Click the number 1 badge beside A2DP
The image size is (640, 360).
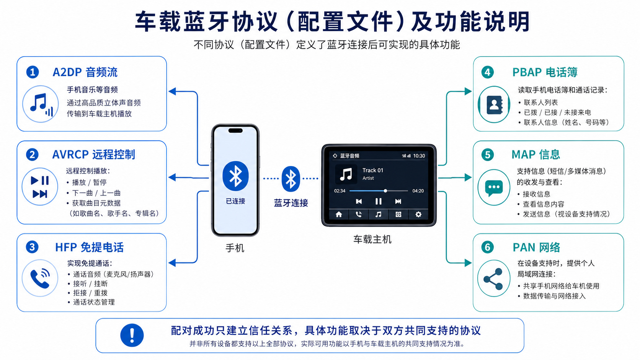(32, 72)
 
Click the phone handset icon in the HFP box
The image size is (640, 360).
(40, 278)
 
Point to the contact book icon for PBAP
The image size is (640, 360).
(494, 104)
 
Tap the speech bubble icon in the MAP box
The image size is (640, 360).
(494, 187)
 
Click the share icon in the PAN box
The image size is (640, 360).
(493, 279)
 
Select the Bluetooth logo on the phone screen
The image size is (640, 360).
(235, 176)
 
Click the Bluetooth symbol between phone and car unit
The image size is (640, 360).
(291, 179)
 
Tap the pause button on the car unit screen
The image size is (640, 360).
(378, 201)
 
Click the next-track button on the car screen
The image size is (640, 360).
(398, 201)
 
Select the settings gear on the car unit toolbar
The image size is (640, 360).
(418, 214)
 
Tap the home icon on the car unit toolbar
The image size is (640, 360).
(339, 214)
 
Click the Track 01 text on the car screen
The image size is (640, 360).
(372, 170)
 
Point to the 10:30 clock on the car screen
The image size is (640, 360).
(419, 156)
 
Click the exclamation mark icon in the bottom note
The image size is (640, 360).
(132, 335)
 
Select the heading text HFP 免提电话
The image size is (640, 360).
(89, 247)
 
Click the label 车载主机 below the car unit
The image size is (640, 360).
(372, 239)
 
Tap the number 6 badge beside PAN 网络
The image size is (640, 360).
(487, 247)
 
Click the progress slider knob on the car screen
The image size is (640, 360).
(385, 191)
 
